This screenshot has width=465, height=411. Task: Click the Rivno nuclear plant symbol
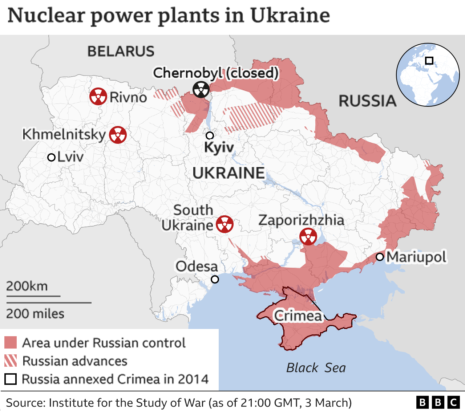click(x=98, y=97)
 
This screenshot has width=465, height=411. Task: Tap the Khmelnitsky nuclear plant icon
click(x=118, y=135)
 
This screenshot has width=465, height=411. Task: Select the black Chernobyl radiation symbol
click(x=201, y=89)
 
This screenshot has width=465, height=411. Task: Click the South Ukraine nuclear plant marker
click(x=225, y=224)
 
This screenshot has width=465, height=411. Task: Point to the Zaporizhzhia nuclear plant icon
click(x=308, y=236)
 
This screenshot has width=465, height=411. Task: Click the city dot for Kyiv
click(x=210, y=135)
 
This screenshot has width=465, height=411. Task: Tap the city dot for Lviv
click(x=51, y=157)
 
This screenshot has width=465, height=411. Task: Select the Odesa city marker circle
click(x=215, y=279)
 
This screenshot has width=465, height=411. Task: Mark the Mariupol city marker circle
click(x=380, y=257)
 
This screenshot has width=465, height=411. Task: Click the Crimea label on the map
click(x=298, y=316)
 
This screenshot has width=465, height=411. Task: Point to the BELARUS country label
click(x=121, y=51)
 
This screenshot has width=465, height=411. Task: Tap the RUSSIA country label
click(x=367, y=101)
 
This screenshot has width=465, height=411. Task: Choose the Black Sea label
click(x=316, y=368)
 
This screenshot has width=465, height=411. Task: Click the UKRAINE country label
click(x=229, y=173)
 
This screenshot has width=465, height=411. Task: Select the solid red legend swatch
click(x=11, y=342)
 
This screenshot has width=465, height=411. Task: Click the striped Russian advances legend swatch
click(x=11, y=361)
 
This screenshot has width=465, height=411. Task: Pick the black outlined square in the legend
click(x=11, y=379)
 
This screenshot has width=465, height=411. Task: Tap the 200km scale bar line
click(x=33, y=296)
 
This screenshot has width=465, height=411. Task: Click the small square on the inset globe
click(x=429, y=60)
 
